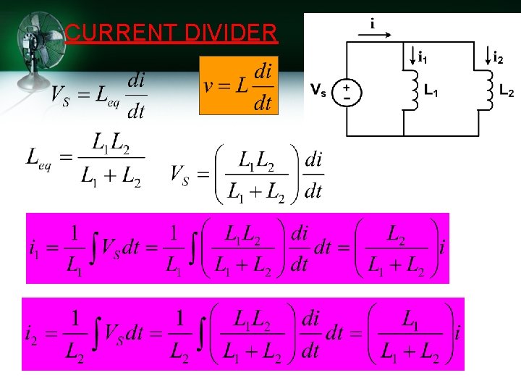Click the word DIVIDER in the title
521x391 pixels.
(231, 33)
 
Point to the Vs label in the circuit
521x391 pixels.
(318, 90)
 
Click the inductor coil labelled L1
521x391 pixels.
(412, 90)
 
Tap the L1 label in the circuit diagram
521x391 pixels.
(432, 92)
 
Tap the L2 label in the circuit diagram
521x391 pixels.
(507, 92)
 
